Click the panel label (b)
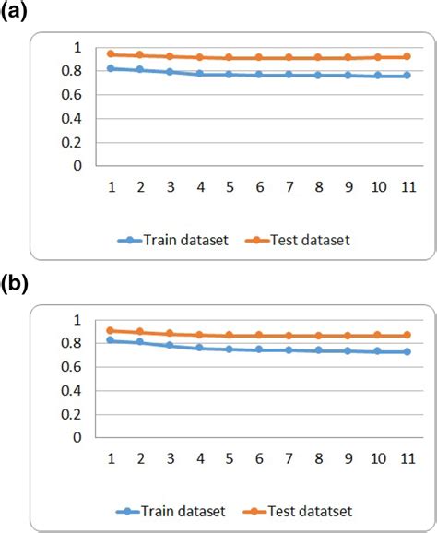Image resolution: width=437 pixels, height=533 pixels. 16,285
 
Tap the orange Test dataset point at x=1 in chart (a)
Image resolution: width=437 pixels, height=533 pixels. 112,54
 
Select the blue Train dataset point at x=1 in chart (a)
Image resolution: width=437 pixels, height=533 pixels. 112,68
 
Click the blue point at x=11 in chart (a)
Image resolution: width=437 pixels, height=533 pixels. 406,76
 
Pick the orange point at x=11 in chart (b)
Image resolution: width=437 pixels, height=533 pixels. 406,335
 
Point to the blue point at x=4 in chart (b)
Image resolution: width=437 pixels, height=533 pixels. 200,348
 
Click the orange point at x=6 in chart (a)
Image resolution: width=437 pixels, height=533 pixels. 259,58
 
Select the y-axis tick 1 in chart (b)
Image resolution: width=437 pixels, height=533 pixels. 79,320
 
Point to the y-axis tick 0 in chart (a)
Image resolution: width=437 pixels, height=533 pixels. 79,166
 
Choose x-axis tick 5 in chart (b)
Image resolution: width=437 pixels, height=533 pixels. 230,457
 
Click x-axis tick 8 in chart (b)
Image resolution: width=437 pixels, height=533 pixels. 318,457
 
